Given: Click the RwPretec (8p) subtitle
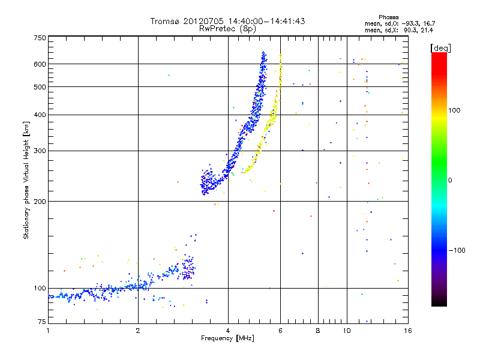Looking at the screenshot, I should coord(228,28).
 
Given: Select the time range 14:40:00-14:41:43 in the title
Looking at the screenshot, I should coord(259,21).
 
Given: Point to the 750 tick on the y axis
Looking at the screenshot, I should coord(40,38).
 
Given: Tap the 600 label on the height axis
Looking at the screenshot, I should coord(40,64).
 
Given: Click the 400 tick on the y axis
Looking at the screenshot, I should coord(40,115).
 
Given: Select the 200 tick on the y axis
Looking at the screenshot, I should coord(40,201).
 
